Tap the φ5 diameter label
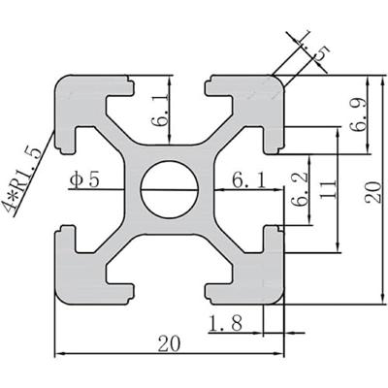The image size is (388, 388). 84,180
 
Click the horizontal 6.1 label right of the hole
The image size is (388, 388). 247,179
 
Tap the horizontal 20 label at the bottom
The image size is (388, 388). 169,341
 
